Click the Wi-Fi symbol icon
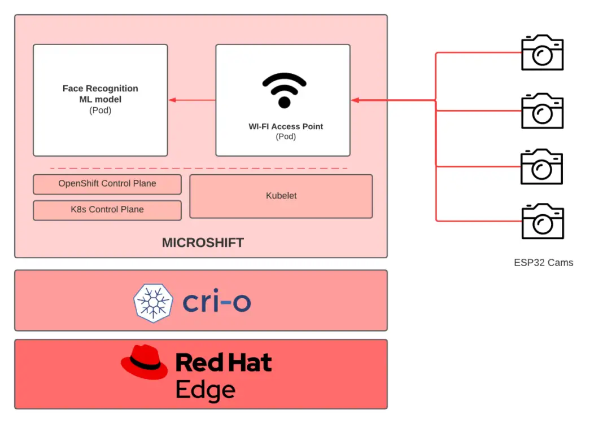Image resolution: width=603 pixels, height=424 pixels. [x=284, y=90]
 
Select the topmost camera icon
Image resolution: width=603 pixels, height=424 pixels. [x=542, y=53]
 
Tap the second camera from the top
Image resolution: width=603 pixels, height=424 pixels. [x=542, y=111]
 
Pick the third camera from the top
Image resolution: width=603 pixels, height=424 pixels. [x=541, y=166]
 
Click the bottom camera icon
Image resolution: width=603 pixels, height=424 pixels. [x=542, y=222]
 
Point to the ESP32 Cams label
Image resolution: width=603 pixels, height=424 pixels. [x=543, y=262]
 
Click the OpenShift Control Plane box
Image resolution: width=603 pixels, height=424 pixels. [x=107, y=184]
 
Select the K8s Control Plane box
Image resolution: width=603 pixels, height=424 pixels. [x=107, y=210]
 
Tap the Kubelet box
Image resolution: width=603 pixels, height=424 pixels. [x=281, y=196]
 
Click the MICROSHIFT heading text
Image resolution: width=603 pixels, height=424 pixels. [x=203, y=243]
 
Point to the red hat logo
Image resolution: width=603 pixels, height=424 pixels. [x=145, y=362]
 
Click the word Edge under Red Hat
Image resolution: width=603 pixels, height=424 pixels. [x=205, y=390]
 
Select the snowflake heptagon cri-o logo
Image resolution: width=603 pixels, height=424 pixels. [x=152, y=303]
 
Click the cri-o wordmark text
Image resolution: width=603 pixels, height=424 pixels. [x=216, y=303]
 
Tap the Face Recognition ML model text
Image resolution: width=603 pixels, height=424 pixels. [x=100, y=94]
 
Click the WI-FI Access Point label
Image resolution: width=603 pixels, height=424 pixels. [x=286, y=127]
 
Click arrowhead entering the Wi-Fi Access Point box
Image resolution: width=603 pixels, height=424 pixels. [x=355, y=100]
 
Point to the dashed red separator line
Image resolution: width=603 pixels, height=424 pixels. [x=198, y=168]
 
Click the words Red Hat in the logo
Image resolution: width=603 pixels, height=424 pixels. [x=224, y=363]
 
